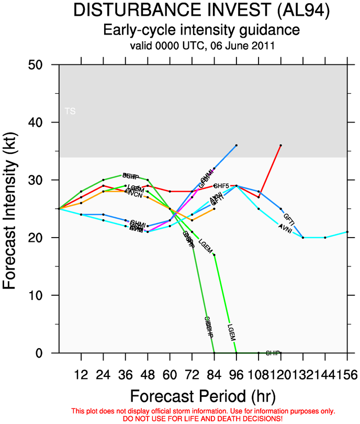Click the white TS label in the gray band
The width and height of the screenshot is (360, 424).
click(70, 111)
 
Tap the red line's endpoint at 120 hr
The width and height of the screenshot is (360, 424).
click(281, 145)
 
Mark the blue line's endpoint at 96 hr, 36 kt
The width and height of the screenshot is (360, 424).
click(237, 145)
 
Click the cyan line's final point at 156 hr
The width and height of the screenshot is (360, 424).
click(347, 232)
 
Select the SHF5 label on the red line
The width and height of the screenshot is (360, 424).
click(222, 186)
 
